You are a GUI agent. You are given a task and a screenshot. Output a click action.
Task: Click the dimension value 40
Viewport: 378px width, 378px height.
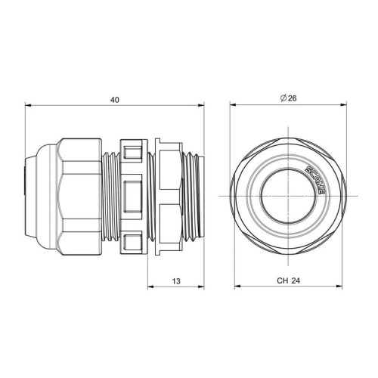[x=115, y=100]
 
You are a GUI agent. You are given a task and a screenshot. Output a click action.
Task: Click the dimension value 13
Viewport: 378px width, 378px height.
[x=176, y=281]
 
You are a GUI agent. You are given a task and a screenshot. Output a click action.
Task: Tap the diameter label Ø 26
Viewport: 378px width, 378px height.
[x=289, y=98]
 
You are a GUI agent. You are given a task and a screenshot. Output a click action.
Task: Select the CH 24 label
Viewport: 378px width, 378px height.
[x=289, y=280]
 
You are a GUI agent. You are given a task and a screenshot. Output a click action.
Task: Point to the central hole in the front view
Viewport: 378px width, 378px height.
[x=288, y=197]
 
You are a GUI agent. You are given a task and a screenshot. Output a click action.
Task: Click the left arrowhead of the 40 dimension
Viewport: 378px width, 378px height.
[x=28, y=106]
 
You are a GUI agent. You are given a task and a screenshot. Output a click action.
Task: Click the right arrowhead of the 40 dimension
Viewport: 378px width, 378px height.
[x=201, y=106]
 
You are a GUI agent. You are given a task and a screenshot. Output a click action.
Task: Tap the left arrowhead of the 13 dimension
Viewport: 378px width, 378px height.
[x=150, y=287]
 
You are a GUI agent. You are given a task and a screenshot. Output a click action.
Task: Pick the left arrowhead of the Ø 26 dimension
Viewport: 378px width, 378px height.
[x=233, y=105]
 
